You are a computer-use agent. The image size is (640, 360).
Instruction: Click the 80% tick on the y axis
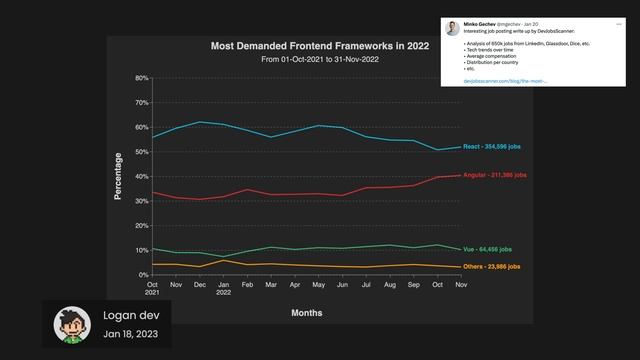point(142,78)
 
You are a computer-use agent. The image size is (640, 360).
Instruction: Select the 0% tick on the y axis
point(144,274)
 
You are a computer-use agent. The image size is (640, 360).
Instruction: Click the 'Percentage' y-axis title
point(118,176)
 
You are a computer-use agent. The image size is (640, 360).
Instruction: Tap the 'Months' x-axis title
point(306,313)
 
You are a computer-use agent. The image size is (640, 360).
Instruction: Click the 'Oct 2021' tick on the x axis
point(153,288)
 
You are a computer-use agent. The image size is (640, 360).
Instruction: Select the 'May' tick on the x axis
point(319,285)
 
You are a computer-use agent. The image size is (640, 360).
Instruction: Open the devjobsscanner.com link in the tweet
point(491,80)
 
